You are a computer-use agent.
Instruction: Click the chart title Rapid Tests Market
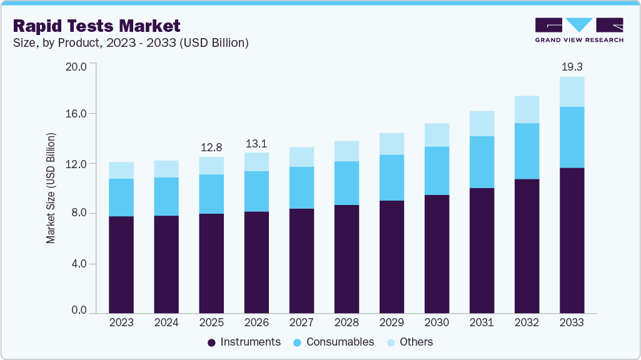click(96, 26)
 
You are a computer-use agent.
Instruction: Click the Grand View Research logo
click(579, 29)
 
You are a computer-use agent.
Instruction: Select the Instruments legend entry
click(244, 342)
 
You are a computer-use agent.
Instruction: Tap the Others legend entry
click(410, 342)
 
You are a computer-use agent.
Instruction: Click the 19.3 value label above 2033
click(572, 66)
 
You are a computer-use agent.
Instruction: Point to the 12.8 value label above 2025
click(211, 147)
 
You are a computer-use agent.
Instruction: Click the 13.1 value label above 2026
click(256, 143)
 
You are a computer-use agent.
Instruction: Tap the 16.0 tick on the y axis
click(79, 114)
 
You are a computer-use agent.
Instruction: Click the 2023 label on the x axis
click(121, 322)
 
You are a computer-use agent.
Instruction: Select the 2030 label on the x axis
click(437, 322)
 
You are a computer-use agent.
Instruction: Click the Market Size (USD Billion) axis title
click(51, 188)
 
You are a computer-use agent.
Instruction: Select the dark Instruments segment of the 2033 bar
click(572, 241)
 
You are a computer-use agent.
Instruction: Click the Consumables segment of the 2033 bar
click(572, 137)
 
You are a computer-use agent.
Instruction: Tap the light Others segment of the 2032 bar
click(527, 110)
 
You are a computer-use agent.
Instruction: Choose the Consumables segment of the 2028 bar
click(346, 183)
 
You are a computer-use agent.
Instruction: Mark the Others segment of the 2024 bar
click(166, 169)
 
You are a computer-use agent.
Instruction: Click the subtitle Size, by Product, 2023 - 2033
click(131, 43)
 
